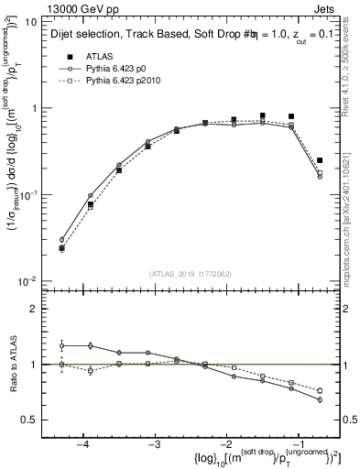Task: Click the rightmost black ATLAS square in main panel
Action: (x=320, y=160)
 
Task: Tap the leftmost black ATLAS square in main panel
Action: (x=61, y=247)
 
